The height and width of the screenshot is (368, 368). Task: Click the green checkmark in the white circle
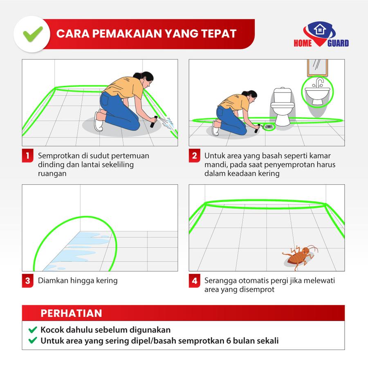[x=33, y=34]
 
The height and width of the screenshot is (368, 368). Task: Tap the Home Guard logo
[x=321, y=34]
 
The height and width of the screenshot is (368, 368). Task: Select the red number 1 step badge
[x=28, y=155]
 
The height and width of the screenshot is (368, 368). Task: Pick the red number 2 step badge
[x=195, y=155]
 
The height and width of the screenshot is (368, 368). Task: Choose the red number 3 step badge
[x=28, y=280]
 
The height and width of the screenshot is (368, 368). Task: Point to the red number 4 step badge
[x=195, y=280]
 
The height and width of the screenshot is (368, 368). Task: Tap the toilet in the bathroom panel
[x=282, y=106]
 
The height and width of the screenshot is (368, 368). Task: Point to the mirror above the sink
[x=318, y=67]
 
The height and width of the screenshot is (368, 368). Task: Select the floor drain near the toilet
[x=269, y=127]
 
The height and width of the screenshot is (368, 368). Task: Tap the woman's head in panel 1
[x=145, y=79]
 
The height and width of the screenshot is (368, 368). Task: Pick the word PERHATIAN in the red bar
[x=71, y=313]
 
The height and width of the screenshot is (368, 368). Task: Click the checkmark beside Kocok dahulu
[x=33, y=330]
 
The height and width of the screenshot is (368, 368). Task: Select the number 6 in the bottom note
[x=229, y=341]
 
